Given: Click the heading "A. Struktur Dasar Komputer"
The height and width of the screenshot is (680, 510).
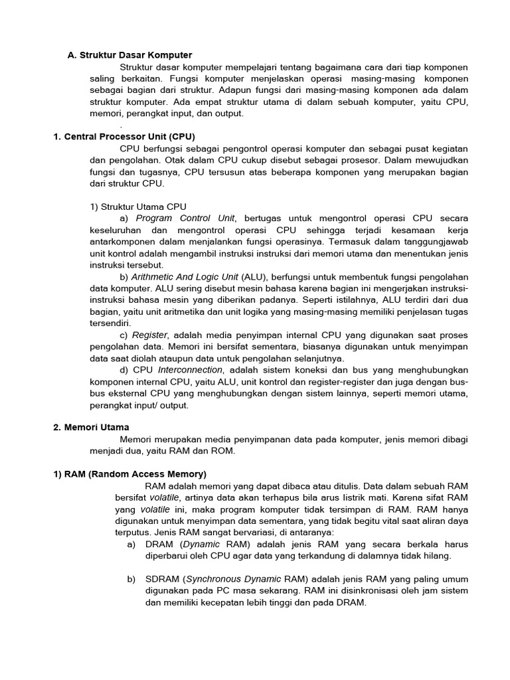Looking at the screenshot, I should tap(129, 55).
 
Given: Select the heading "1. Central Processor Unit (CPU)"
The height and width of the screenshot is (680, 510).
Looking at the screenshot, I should tap(124, 136).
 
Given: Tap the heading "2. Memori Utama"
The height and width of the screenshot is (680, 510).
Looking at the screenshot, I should tap(91, 427).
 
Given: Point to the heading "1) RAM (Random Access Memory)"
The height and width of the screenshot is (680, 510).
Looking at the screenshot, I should tap(129, 474).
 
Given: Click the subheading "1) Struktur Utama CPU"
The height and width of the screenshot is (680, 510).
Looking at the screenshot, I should tap(138, 207).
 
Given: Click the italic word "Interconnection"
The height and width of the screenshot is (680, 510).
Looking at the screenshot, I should tap(190, 371).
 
